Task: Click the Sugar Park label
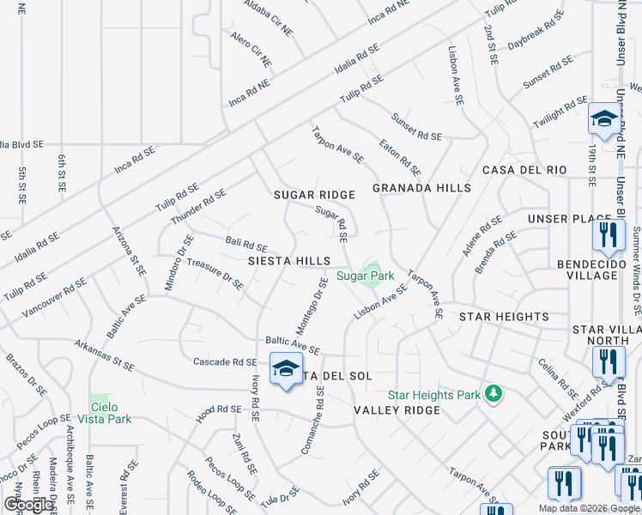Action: click(365, 276)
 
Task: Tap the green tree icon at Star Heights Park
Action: click(493, 393)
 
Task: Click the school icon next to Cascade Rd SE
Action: click(284, 369)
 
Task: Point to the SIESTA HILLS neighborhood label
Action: click(289, 260)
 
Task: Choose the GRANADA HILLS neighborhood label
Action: click(421, 187)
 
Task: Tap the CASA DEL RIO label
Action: click(524, 170)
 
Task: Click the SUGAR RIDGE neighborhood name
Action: click(313, 195)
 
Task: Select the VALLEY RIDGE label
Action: click(397, 410)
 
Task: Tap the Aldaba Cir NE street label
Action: click(268, 15)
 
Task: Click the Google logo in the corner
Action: click(27, 505)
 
